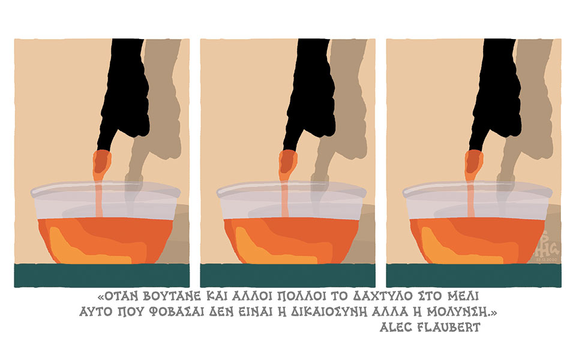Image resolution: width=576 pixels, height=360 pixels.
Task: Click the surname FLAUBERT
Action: coord(451,327)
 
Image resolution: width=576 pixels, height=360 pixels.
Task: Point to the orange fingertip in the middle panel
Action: coord(287,162)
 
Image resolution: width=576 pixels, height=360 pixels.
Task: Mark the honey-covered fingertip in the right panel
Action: coord(473,162)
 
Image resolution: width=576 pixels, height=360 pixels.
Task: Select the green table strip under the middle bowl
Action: coord(288,275)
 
